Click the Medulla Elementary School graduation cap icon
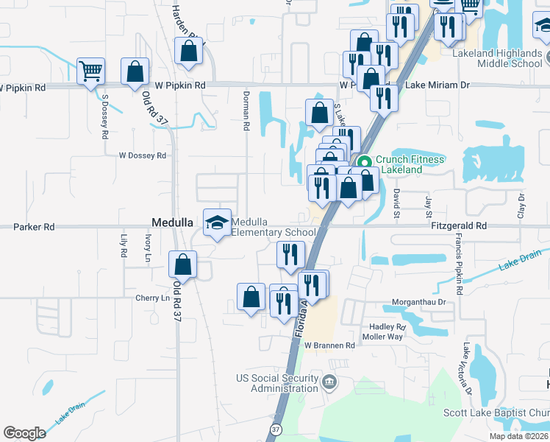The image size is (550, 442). (x=217, y=222)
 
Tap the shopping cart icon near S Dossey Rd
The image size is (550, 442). (x=91, y=71)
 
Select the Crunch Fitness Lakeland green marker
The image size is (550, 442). (x=363, y=163)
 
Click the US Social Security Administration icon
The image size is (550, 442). (x=329, y=382)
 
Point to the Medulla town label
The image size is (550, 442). (x=171, y=221)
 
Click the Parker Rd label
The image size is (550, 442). (x=34, y=227)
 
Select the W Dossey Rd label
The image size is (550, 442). (x=143, y=155)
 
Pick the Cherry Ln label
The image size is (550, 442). (x=152, y=298)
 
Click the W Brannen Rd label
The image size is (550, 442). (x=329, y=345)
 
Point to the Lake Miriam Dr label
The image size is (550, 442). (x=437, y=85)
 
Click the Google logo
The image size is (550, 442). (x=24, y=433)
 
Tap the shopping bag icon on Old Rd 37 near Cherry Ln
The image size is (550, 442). (x=182, y=264)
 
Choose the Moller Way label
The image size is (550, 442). (x=382, y=337)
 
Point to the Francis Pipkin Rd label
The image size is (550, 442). (x=458, y=265)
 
